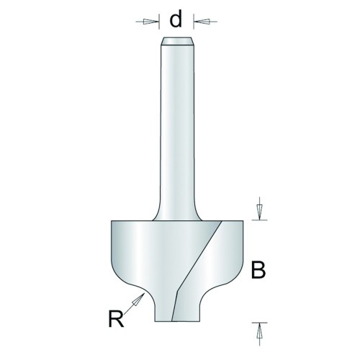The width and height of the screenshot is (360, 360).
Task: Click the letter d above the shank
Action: [x=176, y=19]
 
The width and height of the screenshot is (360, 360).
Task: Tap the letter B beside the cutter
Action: [x=258, y=270]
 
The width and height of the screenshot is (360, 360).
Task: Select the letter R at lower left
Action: [x=116, y=318]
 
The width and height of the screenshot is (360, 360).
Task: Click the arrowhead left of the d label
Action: [x=148, y=22]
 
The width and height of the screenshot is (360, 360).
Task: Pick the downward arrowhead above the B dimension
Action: [x=259, y=210]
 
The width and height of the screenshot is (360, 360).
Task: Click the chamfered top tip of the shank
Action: [x=176, y=41]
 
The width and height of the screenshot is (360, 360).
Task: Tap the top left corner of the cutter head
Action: [x=112, y=221]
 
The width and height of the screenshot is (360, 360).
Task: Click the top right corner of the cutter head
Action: [x=243, y=221]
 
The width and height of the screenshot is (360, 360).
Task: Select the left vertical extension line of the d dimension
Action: [x=159, y=22]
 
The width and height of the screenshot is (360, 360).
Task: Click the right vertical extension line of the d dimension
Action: [x=194, y=22]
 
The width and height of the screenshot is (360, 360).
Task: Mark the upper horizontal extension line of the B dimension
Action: [x=259, y=220]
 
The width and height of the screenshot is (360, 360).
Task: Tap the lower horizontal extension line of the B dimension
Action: [x=259, y=323]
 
